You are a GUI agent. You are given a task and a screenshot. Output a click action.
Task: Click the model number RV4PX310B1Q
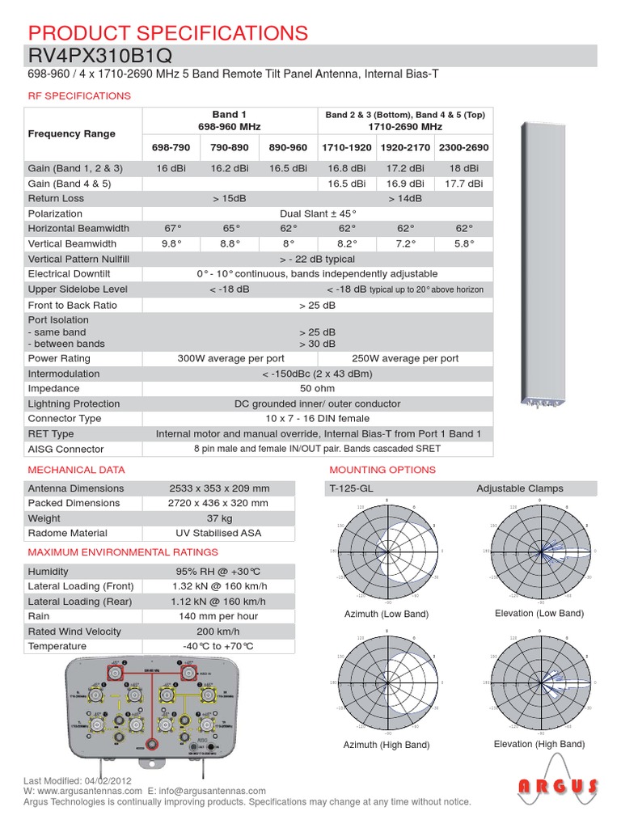[x=99, y=55]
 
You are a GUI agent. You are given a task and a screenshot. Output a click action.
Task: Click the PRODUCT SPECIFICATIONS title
[x=167, y=32]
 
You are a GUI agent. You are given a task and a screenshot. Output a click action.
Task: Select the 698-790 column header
[x=171, y=148]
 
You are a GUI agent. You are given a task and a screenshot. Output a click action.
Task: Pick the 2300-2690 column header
[x=463, y=148]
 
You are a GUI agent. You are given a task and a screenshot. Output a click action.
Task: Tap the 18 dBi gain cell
[x=463, y=168]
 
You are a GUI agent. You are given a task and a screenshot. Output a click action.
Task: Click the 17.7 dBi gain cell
[x=463, y=184]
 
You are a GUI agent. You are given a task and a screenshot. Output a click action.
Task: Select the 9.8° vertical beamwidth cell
[x=171, y=243]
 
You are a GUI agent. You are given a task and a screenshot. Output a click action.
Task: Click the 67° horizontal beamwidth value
[x=171, y=229]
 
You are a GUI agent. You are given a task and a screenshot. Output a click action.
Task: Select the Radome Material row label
[x=67, y=533]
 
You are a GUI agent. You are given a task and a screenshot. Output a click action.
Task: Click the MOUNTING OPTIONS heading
[x=382, y=470]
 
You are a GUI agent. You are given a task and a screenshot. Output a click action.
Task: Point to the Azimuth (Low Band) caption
[x=386, y=615]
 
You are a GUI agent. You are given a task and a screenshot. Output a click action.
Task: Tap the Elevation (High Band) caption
[x=539, y=744]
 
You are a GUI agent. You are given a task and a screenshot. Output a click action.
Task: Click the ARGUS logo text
[x=559, y=786]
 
